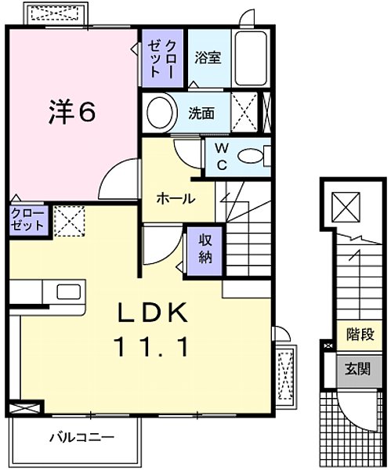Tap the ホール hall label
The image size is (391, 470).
pyautogui.click(x=176, y=198)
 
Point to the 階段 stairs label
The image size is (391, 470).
pyautogui.click(x=360, y=334)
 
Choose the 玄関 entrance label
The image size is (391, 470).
pyautogui.click(x=360, y=367)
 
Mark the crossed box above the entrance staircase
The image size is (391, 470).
pyautogui.click(x=346, y=207)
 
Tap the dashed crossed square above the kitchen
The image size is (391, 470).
pyautogui.click(x=68, y=220)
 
